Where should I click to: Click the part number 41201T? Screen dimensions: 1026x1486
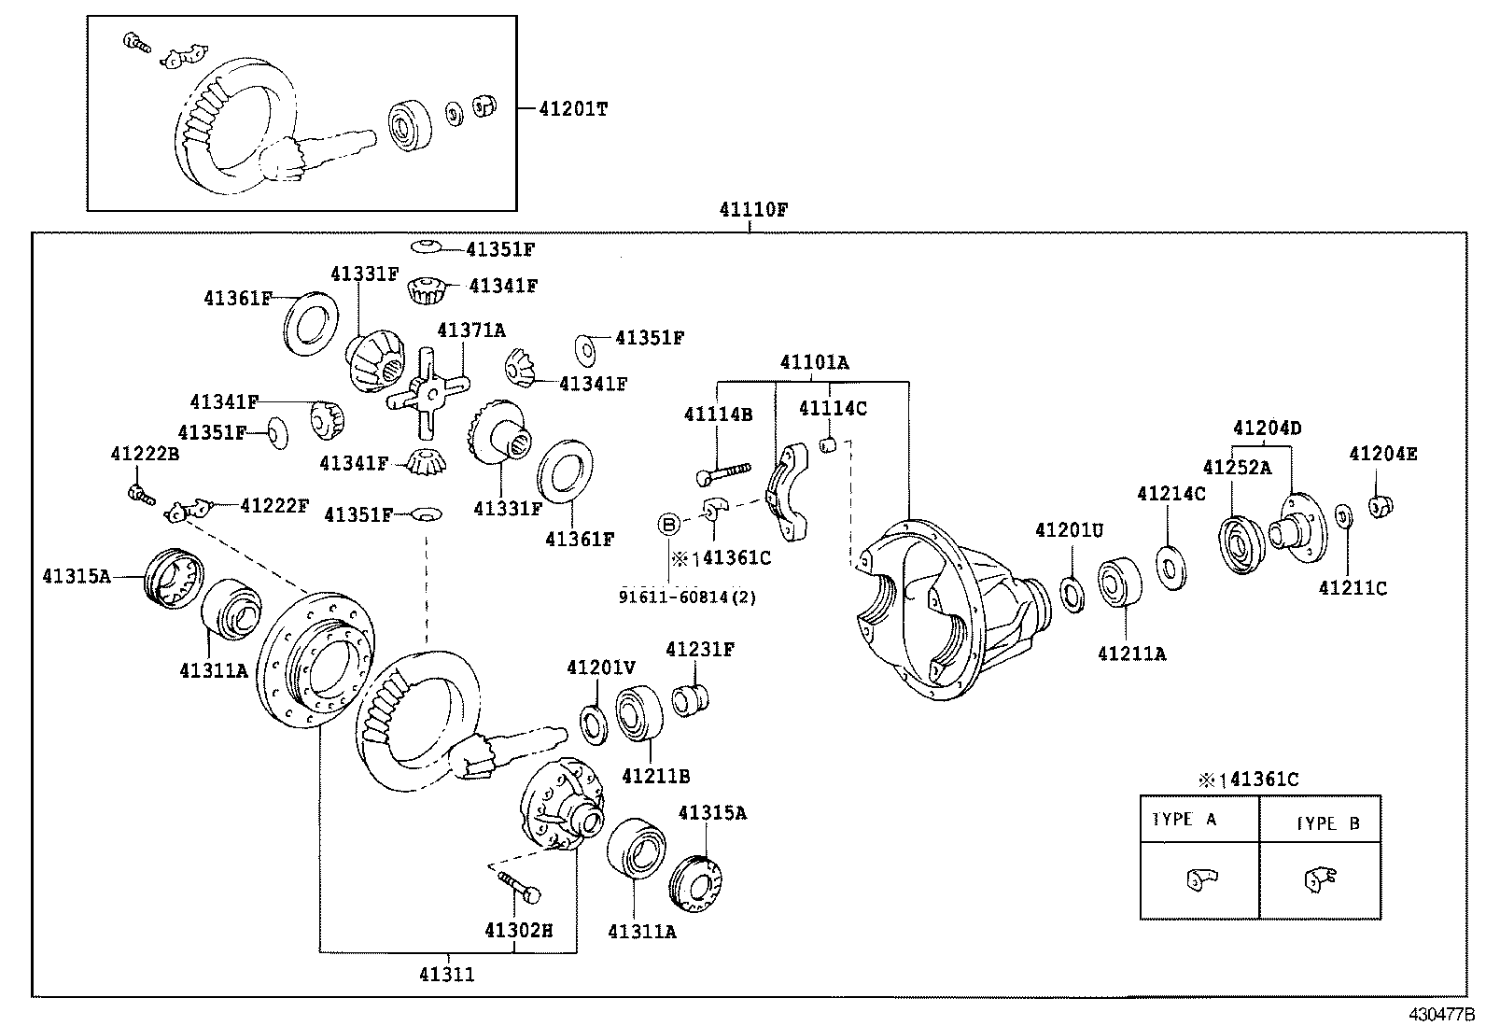[x=572, y=109]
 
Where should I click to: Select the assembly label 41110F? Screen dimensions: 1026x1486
[x=752, y=210]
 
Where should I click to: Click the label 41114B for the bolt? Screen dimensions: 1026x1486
[x=717, y=414]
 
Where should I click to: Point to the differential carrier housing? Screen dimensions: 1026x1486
[x=943, y=607]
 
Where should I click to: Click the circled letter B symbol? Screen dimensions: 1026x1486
[x=669, y=525]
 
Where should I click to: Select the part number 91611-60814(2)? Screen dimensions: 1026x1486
[x=687, y=597]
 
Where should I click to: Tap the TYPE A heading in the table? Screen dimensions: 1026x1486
[x=1185, y=820]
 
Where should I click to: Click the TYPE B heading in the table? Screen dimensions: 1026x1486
[x=1328, y=824]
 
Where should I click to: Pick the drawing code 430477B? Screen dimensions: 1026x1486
[x=1441, y=1014]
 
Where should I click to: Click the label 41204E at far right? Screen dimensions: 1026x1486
[x=1382, y=455]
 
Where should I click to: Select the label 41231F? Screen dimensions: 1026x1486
[x=699, y=649]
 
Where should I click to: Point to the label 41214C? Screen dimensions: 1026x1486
[x=1171, y=494]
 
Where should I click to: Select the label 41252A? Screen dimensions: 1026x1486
[x=1236, y=468]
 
